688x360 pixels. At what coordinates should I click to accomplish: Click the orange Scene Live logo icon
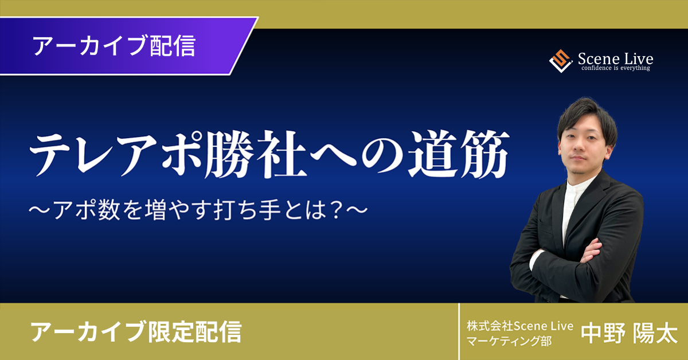coord(561,61)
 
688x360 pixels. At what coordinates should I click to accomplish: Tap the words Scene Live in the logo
coord(616,58)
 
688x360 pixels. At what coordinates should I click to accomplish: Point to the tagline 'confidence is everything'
coord(616,68)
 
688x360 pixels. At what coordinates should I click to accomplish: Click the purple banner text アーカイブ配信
coord(114,46)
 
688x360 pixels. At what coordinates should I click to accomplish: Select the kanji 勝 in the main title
coord(229,155)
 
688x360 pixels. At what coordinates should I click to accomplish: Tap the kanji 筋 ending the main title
coord(485,155)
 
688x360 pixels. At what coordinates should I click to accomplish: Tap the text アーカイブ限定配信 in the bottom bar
coord(136,332)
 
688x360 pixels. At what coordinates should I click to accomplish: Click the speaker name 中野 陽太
coord(629,334)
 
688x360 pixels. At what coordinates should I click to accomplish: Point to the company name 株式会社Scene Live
coord(520,326)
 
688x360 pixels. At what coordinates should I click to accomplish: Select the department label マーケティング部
coord(509,341)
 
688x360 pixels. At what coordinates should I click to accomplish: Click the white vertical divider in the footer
coord(459,331)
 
